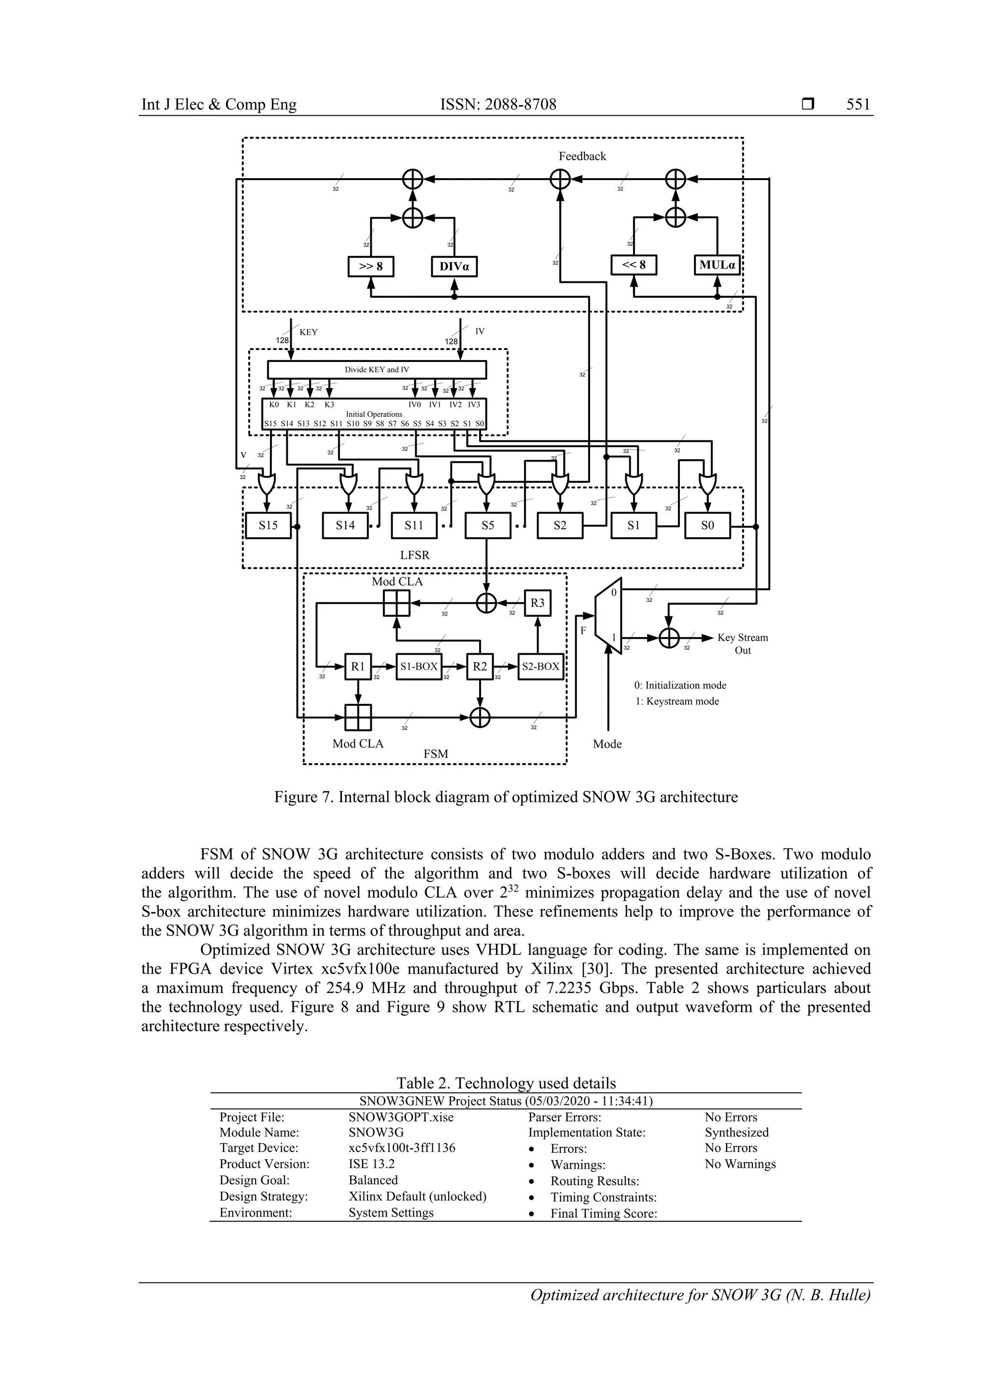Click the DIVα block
pyautogui.click(x=454, y=266)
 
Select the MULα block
pyautogui.click(x=717, y=266)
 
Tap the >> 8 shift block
pyautogui.click(x=371, y=266)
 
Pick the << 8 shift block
pyautogui.click(x=634, y=266)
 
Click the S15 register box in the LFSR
pyautogui.click(x=268, y=526)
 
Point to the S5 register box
pyautogui.click(x=487, y=526)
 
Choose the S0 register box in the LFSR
pyautogui.click(x=707, y=526)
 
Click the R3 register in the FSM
pyautogui.click(x=537, y=603)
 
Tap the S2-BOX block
pyautogui.click(x=540, y=667)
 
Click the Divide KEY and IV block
pyautogui.click(x=377, y=370)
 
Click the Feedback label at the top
pyautogui.click(x=582, y=156)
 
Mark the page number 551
pyautogui.click(x=858, y=105)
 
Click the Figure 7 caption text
pyautogui.click(x=506, y=797)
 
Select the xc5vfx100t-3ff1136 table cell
pyautogui.click(x=401, y=1148)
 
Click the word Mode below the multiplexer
pyautogui.click(x=607, y=744)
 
